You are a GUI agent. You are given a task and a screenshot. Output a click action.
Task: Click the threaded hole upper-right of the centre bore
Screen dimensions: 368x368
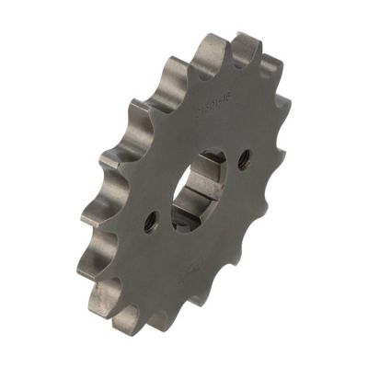(243, 158)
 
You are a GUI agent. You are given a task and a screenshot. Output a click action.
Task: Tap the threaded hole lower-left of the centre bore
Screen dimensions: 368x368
(152, 221)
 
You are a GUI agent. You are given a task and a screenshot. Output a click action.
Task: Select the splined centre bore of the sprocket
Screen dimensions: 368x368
(197, 190)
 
